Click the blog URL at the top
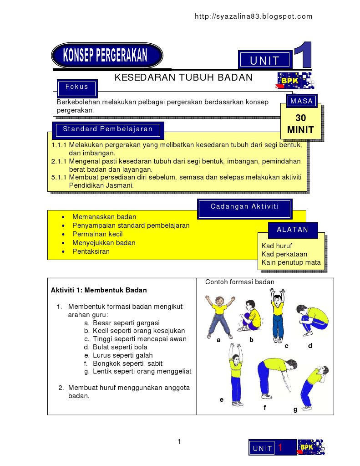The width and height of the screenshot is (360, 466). pyautogui.click(x=254, y=17)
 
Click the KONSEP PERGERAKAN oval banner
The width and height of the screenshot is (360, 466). pyautogui.click(x=107, y=56)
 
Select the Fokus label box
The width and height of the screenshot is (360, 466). pyautogui.click(x=77, y=87)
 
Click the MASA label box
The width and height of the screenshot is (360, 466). pyautogui.click(x=302, y=101)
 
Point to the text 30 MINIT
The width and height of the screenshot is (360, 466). pyautogui.click(x=300, y=124)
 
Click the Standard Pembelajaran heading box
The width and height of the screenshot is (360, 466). pyautogui.click(x=108, y=129)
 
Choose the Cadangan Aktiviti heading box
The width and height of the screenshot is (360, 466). pyautogui.click(x=244, y=207)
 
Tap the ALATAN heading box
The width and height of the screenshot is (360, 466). pyautogui.click(x=293, y=230)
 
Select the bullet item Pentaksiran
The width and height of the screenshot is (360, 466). pyautogui.click(x=91, y=251)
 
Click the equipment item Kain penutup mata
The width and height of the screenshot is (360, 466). pyautogui.click(x=291, y=262)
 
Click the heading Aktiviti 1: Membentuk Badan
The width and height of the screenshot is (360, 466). pyautogui.click(x=99, y=290)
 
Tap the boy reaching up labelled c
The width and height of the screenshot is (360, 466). pyautogui.click(x=277, y=314)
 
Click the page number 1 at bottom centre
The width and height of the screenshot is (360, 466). pyautogui.click(x=179, y=441)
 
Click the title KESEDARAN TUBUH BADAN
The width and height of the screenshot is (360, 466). pyautogui.click(x=183, y=77)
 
